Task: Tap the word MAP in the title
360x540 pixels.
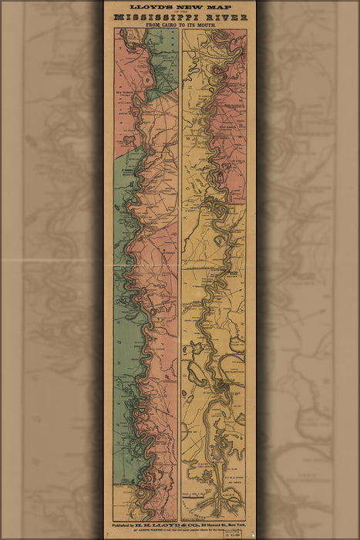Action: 216,7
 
